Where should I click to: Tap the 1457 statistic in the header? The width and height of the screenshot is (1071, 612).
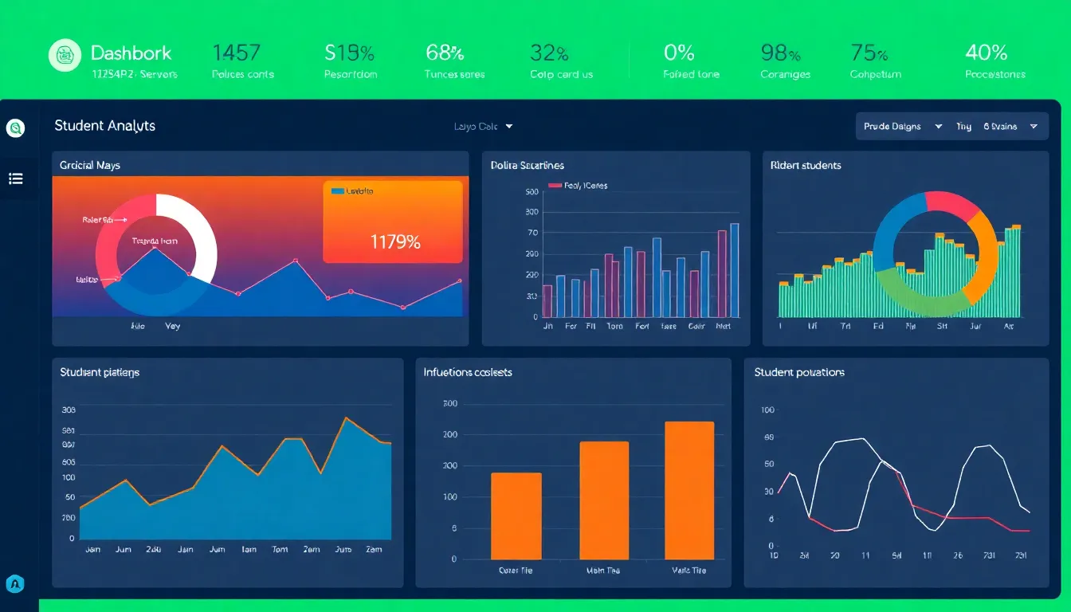pos(236,53)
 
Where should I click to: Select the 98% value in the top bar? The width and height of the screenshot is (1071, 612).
pos(780,53)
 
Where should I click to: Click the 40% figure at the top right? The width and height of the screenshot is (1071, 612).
pos(987,53)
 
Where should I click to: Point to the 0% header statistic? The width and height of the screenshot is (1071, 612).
pos(679,53)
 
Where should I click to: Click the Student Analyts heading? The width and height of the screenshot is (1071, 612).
pos(104,126)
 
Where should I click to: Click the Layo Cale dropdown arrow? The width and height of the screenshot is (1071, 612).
pos(509,127)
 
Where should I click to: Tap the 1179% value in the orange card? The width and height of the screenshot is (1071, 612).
pos(395,242)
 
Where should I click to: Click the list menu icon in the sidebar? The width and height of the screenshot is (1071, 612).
pos(16,178)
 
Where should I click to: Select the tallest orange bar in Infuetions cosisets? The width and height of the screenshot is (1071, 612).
pos(689,489)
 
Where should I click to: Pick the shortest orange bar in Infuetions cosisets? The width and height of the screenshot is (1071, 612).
pos(516,516)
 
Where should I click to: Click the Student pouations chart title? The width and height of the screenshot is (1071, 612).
pos(799,372)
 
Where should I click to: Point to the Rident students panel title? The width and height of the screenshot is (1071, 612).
pos(806,166)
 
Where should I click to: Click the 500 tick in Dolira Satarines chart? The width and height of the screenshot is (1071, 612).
pos(532,192)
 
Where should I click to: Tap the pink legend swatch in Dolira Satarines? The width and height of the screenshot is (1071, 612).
pos(555,186)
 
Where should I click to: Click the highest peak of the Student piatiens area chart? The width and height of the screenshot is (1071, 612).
pos(346,418)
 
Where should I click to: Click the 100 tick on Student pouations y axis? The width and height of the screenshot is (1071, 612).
pos(768,410)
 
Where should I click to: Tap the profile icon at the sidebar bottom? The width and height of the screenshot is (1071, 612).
pos(15,584)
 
